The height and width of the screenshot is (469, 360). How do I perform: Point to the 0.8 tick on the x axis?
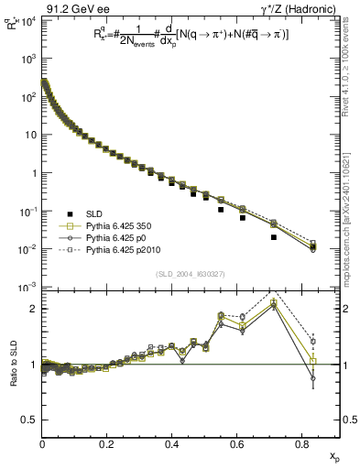(x=302, y=443)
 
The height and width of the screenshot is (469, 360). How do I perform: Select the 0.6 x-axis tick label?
(x=237, y=443)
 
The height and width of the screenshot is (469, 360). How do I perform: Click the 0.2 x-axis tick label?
(x=107, y=443)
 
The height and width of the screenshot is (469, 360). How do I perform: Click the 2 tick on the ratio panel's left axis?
(x=32, y=309)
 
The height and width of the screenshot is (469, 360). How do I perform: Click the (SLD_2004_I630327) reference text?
(x=188, y=274)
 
